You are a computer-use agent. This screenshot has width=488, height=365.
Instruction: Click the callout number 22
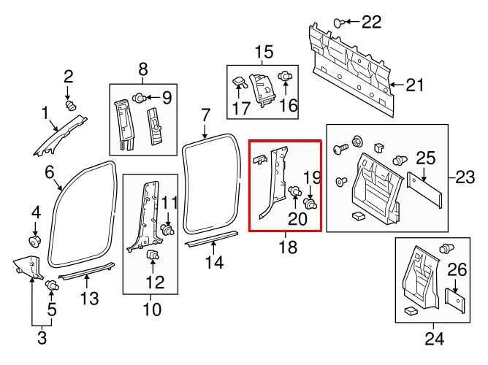point(371,22)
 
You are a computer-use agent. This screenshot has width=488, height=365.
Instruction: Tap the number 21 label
point(414,85)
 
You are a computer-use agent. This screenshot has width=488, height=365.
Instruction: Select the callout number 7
point(205,115)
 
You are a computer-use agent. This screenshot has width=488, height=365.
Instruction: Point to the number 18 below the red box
point(288,247)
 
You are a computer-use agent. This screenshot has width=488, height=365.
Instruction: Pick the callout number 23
point(465,177)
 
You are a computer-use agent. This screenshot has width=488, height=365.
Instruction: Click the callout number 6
point(50,172)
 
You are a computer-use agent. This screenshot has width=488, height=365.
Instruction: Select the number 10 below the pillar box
point(152,310)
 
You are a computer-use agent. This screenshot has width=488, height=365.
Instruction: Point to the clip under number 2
point(71,105)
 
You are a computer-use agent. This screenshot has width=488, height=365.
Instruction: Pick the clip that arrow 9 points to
point(141,98)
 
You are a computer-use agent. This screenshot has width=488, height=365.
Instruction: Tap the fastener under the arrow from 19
point(311,204)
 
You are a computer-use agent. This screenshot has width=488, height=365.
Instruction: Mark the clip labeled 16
point(286,76)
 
